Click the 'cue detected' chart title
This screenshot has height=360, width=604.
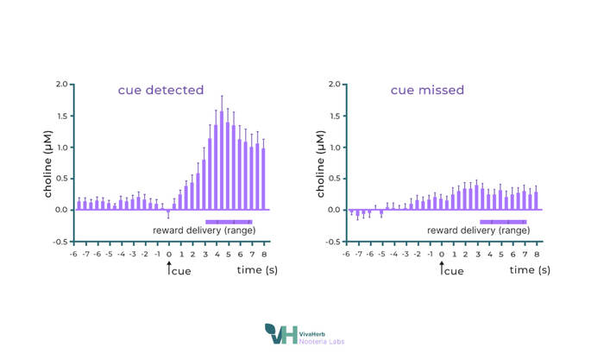click(160, 90)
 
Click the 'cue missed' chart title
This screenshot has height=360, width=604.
click(427, 90)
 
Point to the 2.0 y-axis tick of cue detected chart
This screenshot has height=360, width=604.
click(61, 85)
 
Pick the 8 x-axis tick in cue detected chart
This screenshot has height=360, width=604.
click(264, 255)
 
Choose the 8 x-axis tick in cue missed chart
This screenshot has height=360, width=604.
click(537, 255)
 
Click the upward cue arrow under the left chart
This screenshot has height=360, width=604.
click(169, 268)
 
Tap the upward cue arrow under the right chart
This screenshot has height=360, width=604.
click(442, 268)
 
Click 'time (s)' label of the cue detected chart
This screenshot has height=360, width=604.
click(256, 270)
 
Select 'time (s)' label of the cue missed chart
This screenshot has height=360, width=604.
click(528, 270)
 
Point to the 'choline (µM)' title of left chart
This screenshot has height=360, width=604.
click(48, 163)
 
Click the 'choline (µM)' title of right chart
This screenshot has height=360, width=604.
click(321, 163)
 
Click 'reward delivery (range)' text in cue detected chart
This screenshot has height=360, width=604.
click(204, 231)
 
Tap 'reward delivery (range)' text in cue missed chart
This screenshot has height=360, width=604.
click(477, 231)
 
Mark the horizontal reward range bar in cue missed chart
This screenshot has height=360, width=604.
click(502, 221)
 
